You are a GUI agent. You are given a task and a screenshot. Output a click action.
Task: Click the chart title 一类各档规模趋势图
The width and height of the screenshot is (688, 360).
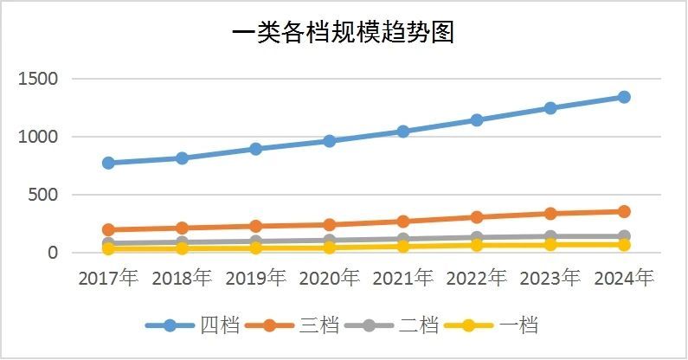[344, 33]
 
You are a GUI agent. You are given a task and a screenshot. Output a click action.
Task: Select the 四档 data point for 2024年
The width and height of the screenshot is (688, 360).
[623, 97]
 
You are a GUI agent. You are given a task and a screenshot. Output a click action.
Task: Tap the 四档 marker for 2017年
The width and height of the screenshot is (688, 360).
[108, 163]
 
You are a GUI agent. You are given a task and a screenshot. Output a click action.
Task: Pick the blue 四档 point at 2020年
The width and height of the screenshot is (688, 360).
[329, 140]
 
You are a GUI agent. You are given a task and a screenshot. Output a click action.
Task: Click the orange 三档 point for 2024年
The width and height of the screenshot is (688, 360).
[623, 211]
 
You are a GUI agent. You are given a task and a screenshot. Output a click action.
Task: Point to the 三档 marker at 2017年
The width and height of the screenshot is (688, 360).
[108, 230]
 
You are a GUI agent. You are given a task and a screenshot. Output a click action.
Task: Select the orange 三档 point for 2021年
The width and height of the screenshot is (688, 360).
[402, 222]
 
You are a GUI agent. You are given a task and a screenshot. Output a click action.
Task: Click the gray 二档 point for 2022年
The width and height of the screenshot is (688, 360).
[476, 237]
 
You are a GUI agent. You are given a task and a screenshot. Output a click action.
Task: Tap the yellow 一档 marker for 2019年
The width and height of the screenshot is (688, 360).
[255, 247]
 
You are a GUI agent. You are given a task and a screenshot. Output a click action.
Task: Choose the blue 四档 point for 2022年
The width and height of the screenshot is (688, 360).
[476, 120]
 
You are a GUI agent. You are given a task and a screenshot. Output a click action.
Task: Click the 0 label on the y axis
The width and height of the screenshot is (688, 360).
[53, 253]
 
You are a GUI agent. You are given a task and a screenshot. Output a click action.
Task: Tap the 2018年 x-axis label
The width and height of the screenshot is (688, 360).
[182, 279]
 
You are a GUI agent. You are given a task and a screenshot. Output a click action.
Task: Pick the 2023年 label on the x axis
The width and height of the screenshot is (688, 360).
[550, 279]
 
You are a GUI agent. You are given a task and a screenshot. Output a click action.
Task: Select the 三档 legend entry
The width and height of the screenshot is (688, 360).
[293, 326]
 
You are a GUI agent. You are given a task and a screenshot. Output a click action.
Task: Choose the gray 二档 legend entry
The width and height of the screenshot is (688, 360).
[394, 326]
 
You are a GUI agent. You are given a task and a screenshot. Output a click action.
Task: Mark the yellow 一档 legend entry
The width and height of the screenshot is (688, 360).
[493, 326]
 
